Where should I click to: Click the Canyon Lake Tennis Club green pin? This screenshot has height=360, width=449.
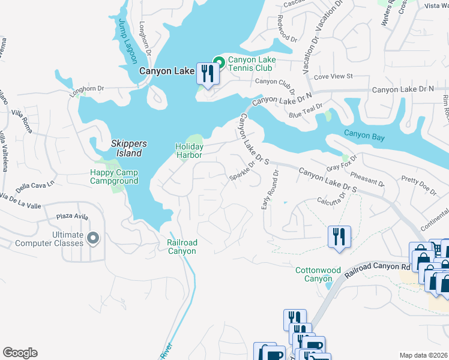tap(219, 61)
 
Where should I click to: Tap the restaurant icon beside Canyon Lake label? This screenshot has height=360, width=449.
tap(207, 74)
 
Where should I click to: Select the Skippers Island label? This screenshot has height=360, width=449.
tap(127, 149)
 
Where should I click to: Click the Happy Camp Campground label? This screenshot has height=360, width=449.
tap(114, 176)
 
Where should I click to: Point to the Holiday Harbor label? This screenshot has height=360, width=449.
tap(189, 151)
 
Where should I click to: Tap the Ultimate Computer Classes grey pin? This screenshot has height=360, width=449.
tap(92, 239)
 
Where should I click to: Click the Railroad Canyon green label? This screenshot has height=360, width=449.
tap(181, 247)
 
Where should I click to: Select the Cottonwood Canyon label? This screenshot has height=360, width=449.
tap(313, 274)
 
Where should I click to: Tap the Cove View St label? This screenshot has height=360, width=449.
tap(333, 77)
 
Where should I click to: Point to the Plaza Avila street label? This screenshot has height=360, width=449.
tap(73, 217)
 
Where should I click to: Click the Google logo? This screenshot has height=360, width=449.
tap(20, 353)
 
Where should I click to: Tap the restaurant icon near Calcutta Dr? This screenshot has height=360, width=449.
tap(339, 236)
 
